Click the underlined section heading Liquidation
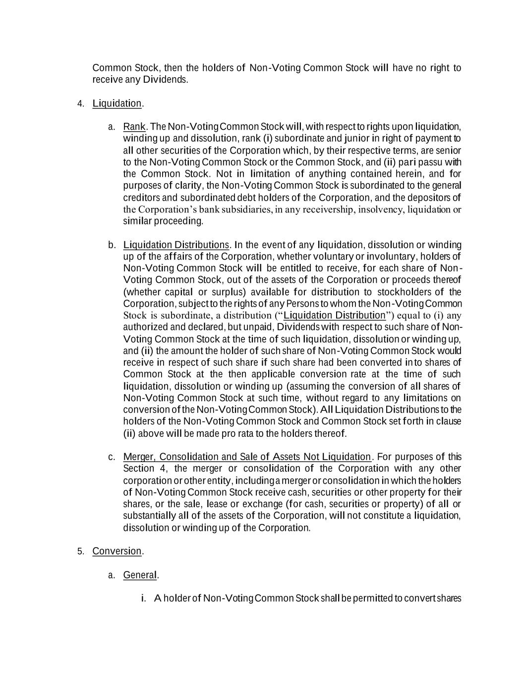tap(117, 104)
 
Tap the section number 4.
tap(80, 104)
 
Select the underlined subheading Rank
tap(134, 127)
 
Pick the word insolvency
tap(381, 209)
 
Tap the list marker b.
tap(112, 245)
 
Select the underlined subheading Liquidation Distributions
tap(176, 245)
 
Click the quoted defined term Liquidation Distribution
tap(334, 315)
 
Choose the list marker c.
tap(112, 457)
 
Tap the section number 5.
tap(80, 552)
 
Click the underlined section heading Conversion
tap(117, 551)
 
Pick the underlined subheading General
tap(140, 575)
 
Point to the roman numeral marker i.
tap(143, 599)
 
